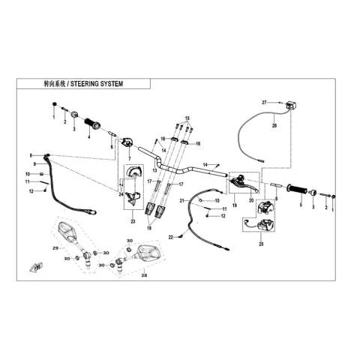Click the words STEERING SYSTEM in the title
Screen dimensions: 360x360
coord(97,84)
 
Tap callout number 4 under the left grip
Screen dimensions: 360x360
coord(88,136)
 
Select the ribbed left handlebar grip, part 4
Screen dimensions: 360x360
coord(92,124)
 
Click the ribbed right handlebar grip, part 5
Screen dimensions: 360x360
coord(297,189)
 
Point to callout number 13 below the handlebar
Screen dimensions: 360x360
coord(154,171)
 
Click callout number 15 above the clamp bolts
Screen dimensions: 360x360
coord(187,118)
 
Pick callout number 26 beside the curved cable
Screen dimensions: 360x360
coord(274,125)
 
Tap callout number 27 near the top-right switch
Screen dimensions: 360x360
coord(264,102)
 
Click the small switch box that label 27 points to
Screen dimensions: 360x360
coord(291,105)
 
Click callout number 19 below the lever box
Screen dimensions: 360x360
coord(234,205)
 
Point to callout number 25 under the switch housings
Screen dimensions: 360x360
coord(261,244)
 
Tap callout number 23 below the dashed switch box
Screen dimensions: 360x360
coord(133,221)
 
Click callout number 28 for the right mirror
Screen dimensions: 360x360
coord(144,275)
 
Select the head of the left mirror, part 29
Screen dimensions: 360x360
coord(66,230)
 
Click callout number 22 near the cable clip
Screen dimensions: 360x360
coord(171,237)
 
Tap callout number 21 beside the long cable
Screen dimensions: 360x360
coord(182,200)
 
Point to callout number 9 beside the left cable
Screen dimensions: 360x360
coord(34,164)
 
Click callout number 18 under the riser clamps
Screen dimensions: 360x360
coord(149,228)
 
